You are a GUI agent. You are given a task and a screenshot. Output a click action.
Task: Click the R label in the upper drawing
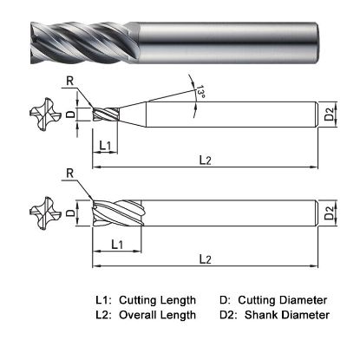(69, 82)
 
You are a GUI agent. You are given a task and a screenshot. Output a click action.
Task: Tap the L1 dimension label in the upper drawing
(106, 145)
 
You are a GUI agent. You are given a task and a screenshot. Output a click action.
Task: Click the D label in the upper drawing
(72, 113)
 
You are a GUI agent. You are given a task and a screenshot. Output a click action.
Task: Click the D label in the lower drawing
(72, 213)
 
